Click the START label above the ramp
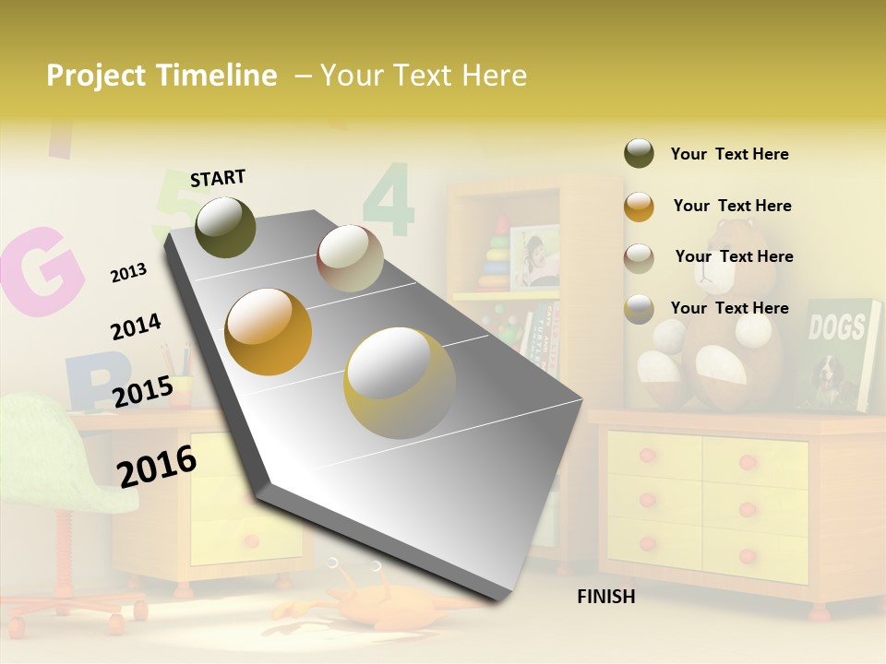click(x=218, y=178)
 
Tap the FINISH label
click(x=605, y=597)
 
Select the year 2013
click(x=128, y=272)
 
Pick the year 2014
click(x=136, y=327)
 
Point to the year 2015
click(x=143, y=392)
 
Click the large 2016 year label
click(x=157, y=466)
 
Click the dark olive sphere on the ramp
click(x=225, y=227)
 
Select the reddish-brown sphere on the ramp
click(x=350, y=258)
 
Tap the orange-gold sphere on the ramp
click(x=269, y=332)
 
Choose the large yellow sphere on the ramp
click(x=400, y=382)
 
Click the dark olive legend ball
click(x=639, y=153)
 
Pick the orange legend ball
click(x=639, y=207)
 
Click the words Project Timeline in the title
click(x=162, y=76)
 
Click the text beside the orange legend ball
click(x=732, y=206)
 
